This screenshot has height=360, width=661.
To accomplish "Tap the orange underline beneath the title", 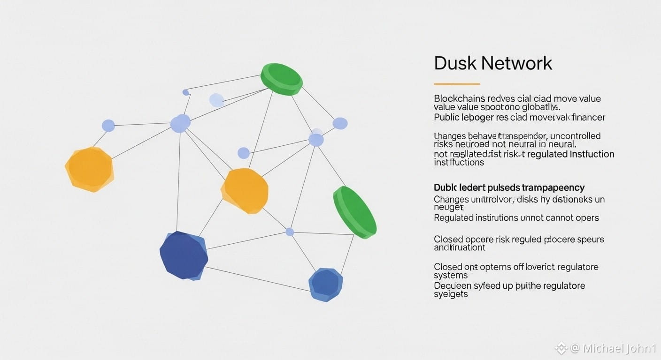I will point(456,84).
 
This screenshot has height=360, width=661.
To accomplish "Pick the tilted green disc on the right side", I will point(354,212).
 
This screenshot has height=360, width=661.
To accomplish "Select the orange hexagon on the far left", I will point(89,169).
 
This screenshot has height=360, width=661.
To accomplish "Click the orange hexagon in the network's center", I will point(245,191).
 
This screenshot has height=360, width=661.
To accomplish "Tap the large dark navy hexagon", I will point(183,255).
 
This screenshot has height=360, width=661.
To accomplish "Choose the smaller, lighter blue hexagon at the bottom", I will point(325,284).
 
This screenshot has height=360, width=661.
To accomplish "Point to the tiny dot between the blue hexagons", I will point(290,232).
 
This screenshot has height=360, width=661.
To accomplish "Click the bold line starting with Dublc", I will point(509,187).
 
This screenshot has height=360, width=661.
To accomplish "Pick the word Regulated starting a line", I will point(453,217).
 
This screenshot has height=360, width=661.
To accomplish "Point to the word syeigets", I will point(451,294).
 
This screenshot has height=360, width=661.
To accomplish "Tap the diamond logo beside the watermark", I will point(561,348).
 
